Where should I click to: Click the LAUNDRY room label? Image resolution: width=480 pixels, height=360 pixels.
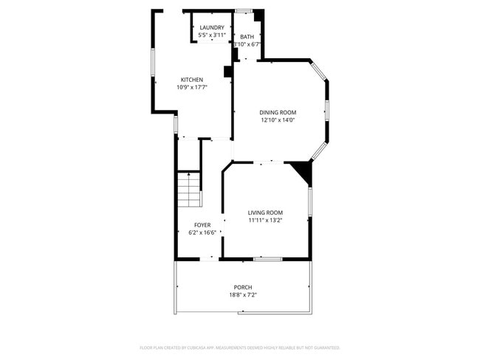[x=212, y=28]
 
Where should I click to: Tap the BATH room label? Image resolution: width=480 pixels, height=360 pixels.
[x=247, y=36]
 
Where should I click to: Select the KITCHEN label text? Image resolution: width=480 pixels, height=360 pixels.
[x=192, y=80]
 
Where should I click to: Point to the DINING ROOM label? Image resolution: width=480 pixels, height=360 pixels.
[x=278, y=112]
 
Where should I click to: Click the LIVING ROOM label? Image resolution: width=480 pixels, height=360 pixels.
[x=264, y=212]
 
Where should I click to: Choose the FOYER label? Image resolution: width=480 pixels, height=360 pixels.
[x=202, y=225]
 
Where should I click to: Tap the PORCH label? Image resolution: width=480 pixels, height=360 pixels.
[x=243, y=288]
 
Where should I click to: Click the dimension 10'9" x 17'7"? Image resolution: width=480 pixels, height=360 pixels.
[x=192, y=87]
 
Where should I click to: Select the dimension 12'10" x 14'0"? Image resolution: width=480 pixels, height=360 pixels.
[x=278, y=120]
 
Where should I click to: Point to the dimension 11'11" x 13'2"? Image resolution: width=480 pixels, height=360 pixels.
[x=264, y=220]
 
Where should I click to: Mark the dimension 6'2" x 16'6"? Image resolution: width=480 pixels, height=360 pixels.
[x=202, y=232]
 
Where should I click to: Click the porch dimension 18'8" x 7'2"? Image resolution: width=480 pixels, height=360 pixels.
[x=243, y=295]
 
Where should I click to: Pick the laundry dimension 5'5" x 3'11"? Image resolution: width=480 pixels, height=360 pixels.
[x=212, y=35]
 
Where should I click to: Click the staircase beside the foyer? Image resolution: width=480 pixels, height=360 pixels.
[x=188, y=190]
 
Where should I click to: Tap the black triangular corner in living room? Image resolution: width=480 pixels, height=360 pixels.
[x=302, y=172]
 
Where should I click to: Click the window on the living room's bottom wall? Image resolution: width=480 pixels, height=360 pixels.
[x=267, y=259]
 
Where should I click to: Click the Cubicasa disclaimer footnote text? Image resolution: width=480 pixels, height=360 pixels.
[x=240, y=347]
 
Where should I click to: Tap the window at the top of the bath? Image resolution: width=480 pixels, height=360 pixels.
[x=244, y=10]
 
